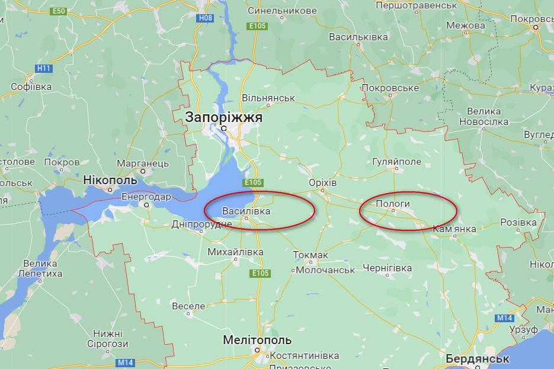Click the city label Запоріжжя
pyautogui.click(x=224, y=117)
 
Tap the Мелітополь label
pyautogui.click(x=257, y=341)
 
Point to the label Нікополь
pyautogui.click(x=110, y=180)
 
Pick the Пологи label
pyautogui.click(x=393, y=203)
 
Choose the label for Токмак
pyautogui.click(x=311, y=255)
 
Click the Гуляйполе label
pyautogui.click(x=396, y=162)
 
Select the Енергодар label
pyautogui.click(x=146, y=197)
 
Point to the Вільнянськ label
pyautogui.click(x=269, y=97)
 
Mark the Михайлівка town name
pyautogui.click(x=236, y=252)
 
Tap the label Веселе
pyautogui.click(x=188, y=306)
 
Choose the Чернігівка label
pyautogui.click(x=388, y=268)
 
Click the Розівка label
pyautogui.click(x=518, y=222)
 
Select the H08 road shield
pyautogui.click(x=205, y=19)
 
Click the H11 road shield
pyautogui.click(x=44, y=69)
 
